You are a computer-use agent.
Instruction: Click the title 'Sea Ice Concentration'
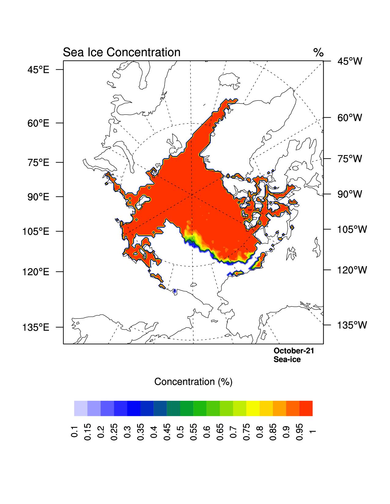pos(121,53)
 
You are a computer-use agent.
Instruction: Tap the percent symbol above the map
pos(318,53)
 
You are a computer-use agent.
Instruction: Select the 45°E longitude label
pos(38,70)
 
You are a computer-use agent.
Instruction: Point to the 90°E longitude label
pos(38,197)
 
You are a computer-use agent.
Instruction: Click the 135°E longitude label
pos(36,327)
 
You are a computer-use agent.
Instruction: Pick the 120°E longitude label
pos(36,272)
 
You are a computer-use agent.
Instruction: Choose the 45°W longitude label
pos(350,61)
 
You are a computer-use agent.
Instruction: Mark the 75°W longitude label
pos(350,159)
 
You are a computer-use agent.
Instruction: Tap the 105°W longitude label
pos(352,229)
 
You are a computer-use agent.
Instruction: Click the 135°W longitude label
pos(352,325)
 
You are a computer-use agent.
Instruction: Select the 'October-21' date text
pos(294,351)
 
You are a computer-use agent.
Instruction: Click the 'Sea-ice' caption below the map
pos(287,360)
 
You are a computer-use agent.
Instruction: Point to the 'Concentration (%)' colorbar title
pos(193,382)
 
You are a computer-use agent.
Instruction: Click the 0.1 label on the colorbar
pos(74,431)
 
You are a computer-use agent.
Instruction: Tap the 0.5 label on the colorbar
pos(180,431)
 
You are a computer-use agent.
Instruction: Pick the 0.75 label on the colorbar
pos(247,432)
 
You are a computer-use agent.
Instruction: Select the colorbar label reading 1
pos(312,431)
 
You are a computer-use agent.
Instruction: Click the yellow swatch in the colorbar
pos(253,408)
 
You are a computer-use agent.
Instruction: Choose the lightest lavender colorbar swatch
pos(81,408)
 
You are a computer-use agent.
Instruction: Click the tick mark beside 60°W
pos(327,117)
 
